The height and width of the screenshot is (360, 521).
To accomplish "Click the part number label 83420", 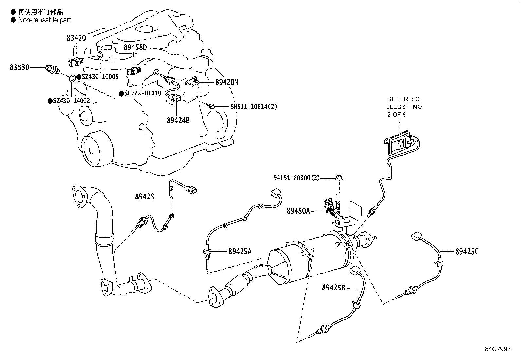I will (x=76, y=38).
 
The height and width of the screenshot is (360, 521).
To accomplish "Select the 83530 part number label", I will (x=19, y=67).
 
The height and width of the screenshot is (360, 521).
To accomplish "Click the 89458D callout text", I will (x=135, y=47).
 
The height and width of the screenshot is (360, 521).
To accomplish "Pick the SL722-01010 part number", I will (x=143, y=93).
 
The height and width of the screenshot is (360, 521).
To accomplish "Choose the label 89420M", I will (x=227, y=82).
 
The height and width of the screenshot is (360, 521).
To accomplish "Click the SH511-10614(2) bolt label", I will (x=253, y=106).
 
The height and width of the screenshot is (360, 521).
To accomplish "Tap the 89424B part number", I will (x=178, y=120).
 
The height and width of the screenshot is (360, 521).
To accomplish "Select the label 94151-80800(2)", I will (x=296, y=178).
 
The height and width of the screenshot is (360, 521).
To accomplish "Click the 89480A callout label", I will (x=298, y=211).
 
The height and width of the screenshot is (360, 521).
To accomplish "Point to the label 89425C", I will (x=467, y=252).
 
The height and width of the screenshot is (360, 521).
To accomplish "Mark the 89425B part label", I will (x=333, y=288).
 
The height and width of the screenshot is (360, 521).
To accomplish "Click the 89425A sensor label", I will (x=240, y=251).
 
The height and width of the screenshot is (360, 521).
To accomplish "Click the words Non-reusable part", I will (x=45, y=20).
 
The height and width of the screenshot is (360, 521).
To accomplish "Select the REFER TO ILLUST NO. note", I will (x=405, y=107).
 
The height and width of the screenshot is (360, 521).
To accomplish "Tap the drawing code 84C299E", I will (x=498, y=349).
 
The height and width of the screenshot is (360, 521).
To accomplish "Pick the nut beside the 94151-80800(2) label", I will (x=340, y=178).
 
